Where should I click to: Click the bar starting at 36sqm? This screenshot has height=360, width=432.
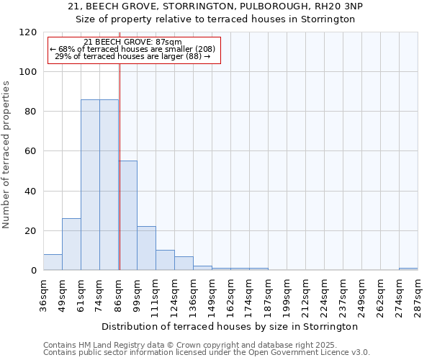tap(53, 263)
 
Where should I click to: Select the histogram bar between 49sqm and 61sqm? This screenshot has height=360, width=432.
tap(71, 245)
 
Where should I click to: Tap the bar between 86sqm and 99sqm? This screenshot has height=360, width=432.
tap(127, 216)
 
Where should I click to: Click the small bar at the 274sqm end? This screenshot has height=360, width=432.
tap(408, 269)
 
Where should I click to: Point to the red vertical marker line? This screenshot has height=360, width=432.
tap(120, 180)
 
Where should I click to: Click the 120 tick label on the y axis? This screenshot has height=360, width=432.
tap(28, 32)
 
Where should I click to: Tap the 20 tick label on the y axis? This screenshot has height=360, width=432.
tap(31, 231)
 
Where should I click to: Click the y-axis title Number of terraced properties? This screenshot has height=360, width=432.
tap(7, 155)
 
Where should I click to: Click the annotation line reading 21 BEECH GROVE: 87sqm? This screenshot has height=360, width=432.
tap(132, 42)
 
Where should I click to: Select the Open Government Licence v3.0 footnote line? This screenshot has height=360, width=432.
tap(207, 353)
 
